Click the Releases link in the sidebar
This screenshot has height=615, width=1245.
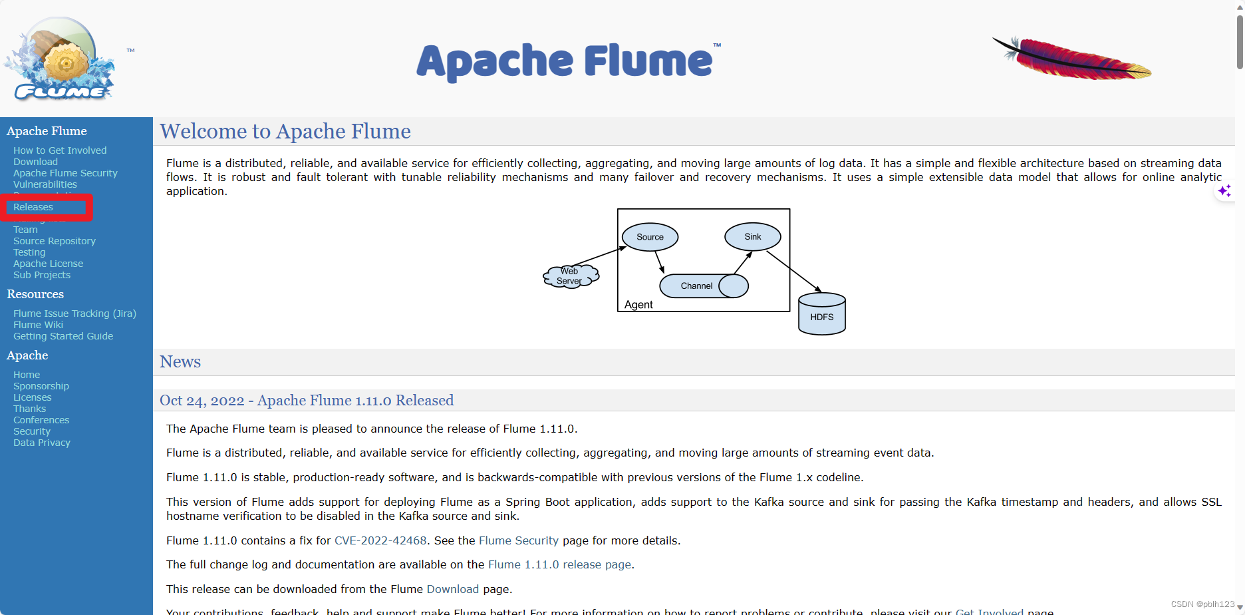pyautogui.click(x=33, y=207)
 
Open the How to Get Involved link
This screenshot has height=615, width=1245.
pyautogui.click(x=60, y=150)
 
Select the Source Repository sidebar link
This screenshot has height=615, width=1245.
pyautogui.click(x=55, y=241)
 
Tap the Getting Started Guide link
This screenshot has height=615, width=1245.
pyautogui.click(x=63, y=336)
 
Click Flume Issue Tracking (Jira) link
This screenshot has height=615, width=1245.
pyautogui.click(x=74, y=313)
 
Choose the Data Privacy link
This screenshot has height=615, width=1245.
pyautogui.click(x=42, y=443)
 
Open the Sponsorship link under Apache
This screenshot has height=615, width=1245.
pyautogui.click(x=41, y=386)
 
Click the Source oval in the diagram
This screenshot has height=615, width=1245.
pyautogui.click(x=650, y=237)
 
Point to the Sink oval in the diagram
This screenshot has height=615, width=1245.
pyautogui.click(x=752, y=236)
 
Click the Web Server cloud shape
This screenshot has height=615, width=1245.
pyautogui.click(x=570, y=276)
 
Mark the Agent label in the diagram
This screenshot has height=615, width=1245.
pyautogui.click(x=638, y=305)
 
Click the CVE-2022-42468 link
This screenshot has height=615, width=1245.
pyautogui.click(x=380, y=540)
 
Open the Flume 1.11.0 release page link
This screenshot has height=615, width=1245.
pyautogui.click(x=559, y=564)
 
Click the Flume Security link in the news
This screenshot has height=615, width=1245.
pyautogui.click(x=519, y=540)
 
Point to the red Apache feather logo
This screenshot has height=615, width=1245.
pyautogui.click(x=1072, y=59)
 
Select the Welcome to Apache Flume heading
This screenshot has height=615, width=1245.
pyautogui.click(x=285, y=131)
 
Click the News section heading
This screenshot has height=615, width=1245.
pyautogui.click(x=180, y=361)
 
